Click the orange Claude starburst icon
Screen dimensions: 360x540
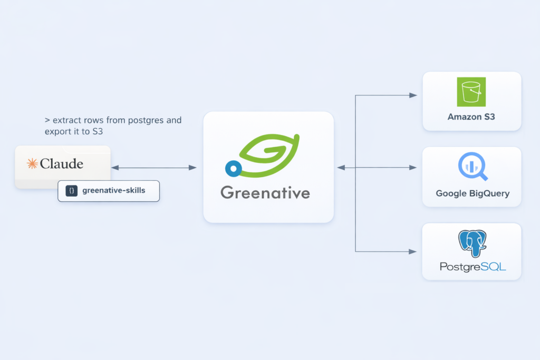point(32,164)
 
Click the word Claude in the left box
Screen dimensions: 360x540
point(62,164)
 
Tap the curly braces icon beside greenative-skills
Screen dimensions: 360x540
point(71,191)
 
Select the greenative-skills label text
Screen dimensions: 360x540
point(113,191)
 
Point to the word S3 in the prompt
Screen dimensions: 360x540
point(97,132)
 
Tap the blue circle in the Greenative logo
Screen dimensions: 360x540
point(233,169)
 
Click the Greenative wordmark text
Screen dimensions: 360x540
point(265,192)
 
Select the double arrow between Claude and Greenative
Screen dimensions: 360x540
point(153,168)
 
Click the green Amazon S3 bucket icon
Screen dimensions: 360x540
point(471,92)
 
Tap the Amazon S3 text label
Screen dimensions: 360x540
point(471,117)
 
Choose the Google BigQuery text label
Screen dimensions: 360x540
point(472,193)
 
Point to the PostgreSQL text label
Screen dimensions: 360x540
point(472,267)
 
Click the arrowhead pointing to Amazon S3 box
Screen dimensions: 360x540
point(413,95)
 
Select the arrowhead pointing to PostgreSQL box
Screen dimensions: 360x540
point(413,251)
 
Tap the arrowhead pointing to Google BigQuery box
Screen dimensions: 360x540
point(413,168)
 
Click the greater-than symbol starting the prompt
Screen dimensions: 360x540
point(47,121)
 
